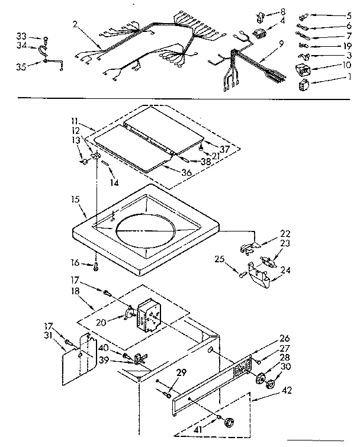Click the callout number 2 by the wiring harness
[75, 24]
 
